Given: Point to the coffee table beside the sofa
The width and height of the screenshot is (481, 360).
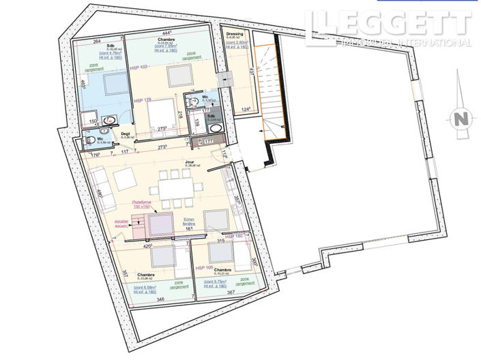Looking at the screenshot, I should pos(125,179).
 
